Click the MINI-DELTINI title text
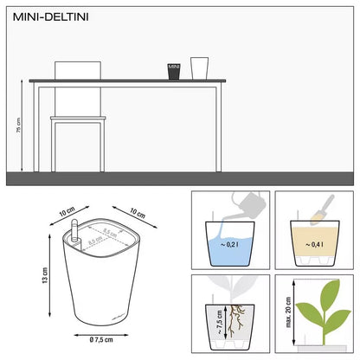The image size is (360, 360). point(42,15)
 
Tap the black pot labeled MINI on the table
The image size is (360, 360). point(173,69)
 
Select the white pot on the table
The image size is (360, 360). point(199,67)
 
